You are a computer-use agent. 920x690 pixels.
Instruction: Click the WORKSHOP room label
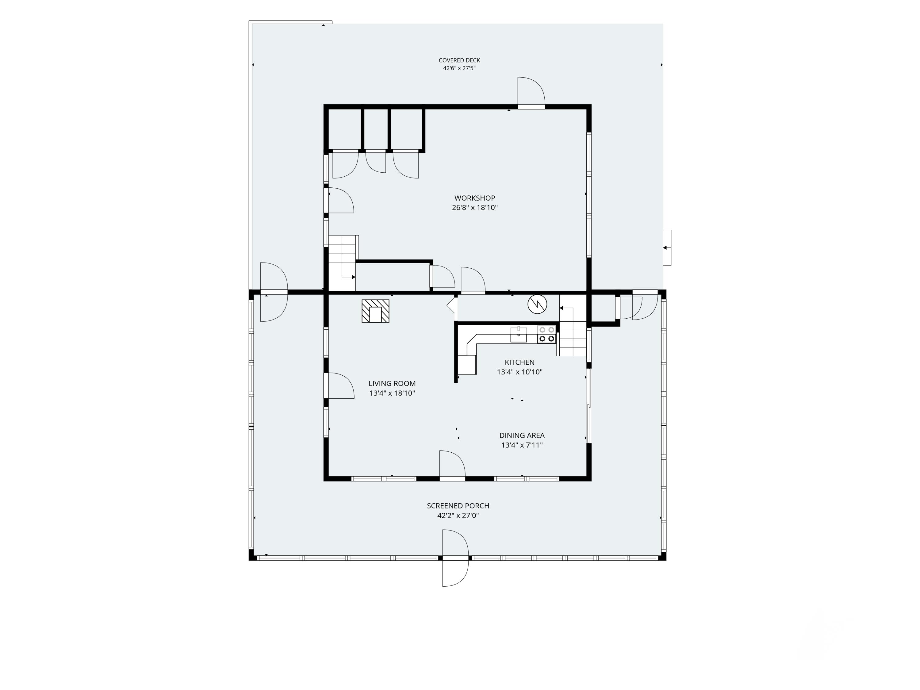click(474, 198)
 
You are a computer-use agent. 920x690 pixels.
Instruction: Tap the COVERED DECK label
click(459, 60)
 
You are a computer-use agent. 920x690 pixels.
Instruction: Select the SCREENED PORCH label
click(458, 506)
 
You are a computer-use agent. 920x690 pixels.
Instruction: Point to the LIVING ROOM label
click(392, 383)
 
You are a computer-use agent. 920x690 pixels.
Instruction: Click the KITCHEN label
click(519, 362)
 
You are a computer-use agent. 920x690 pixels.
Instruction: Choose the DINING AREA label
click(522, 435)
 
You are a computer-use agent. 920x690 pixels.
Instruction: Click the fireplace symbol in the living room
click(375, 311)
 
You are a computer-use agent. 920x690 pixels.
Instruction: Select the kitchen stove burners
click(546, 334)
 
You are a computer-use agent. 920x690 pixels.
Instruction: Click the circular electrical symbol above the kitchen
click(537, 305)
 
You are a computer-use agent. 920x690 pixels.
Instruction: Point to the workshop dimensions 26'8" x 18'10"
click(474, 208)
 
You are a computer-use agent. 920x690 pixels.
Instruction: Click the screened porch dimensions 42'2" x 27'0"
click(458, 515)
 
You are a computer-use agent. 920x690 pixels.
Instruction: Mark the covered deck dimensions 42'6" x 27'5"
click(459, 68)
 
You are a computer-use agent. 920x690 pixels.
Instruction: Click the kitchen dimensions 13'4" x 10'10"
click(519, 372)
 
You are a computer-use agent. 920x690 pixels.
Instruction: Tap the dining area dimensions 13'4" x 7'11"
click(522, 445)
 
